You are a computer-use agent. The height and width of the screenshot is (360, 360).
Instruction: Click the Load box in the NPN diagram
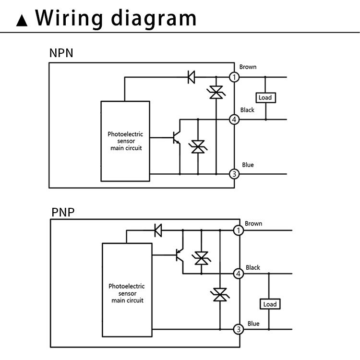[265, 97]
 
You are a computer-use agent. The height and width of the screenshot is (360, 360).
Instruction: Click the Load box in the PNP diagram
[270, 304]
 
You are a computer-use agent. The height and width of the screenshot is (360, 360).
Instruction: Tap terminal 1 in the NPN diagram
[234, 77]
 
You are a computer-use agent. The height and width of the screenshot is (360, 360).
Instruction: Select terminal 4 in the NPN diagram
[234, 120]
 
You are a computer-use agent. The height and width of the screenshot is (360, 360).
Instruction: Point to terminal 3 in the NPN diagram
[234, 174]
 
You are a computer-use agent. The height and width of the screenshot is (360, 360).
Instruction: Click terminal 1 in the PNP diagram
[238, 231]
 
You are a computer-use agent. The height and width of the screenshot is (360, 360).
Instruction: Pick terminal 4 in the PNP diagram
[238, 274]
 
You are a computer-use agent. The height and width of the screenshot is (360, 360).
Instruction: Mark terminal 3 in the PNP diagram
[238, 329]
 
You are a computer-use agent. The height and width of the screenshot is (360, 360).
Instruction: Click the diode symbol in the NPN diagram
[191, 77]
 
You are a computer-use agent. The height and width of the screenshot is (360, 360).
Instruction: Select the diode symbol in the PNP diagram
[157, 231]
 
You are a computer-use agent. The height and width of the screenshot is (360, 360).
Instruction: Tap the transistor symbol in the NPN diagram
[176, 138]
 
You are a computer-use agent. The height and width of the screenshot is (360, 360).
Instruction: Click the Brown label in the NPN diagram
[248, 67]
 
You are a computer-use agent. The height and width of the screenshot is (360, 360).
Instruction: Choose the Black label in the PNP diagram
[253, 267]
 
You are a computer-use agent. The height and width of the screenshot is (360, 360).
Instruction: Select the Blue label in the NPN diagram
[248, 165]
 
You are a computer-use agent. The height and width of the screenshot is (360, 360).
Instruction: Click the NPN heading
[61, 53]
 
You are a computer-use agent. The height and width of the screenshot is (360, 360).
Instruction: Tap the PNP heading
[63, 212]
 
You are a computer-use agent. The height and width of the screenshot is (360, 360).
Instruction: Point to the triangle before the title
[22, 21]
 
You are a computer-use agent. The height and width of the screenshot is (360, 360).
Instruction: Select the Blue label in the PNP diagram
[253, 324]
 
